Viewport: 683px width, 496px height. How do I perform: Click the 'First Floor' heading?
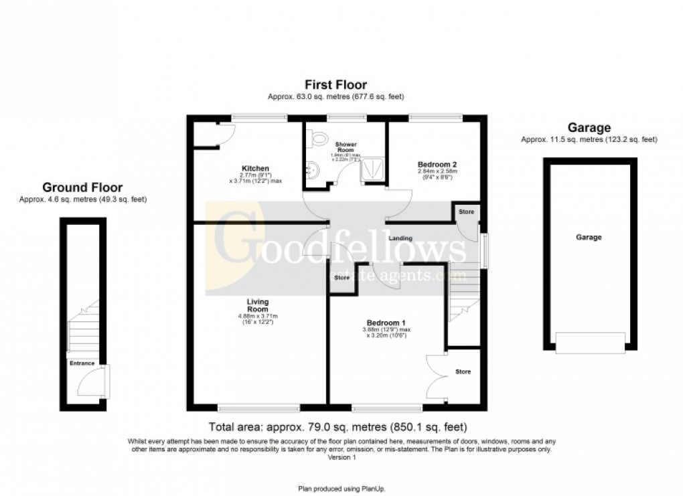[335, 85]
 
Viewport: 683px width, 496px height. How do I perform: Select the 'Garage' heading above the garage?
[589, 127]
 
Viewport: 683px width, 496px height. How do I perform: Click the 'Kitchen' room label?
[256, 168]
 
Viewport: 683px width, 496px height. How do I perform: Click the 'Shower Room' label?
[346, 147]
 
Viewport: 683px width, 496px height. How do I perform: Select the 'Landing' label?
[400, 238]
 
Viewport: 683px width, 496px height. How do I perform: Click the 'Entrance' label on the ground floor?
[82, 363]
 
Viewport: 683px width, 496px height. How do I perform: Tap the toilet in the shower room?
[317, 139]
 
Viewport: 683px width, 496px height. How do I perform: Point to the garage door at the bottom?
[589, 343]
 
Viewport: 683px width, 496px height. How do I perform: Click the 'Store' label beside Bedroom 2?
[466, 212]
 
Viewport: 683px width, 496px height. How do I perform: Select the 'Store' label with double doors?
[463, 371]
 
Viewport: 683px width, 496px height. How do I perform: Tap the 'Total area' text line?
[337, 427]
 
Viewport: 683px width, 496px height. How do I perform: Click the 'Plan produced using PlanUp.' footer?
[341, 489]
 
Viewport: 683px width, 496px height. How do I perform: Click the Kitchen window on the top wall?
[260, 118]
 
